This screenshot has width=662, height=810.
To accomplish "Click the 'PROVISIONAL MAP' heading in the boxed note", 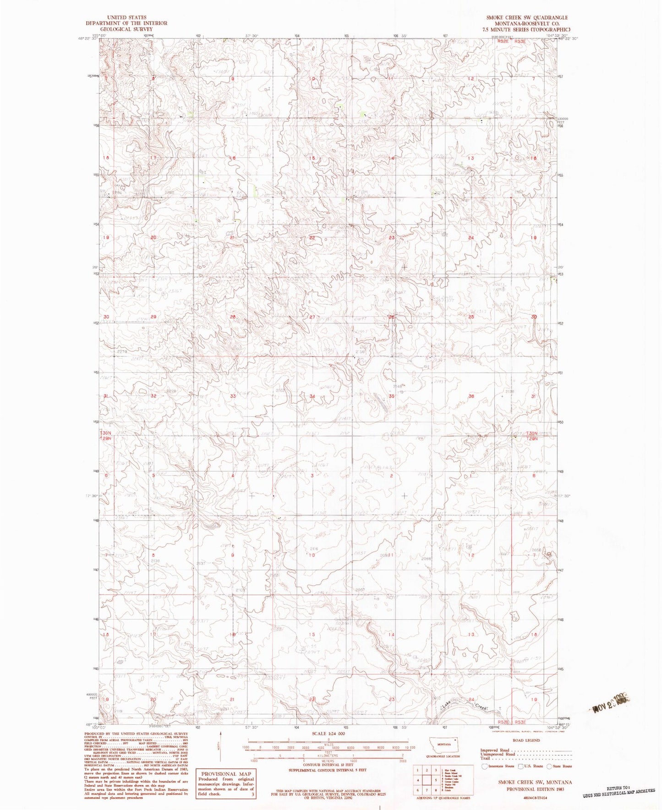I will point(225,774).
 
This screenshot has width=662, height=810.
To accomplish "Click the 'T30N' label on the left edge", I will point(106,433).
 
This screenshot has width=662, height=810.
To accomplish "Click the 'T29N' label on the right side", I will point(531,438).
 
